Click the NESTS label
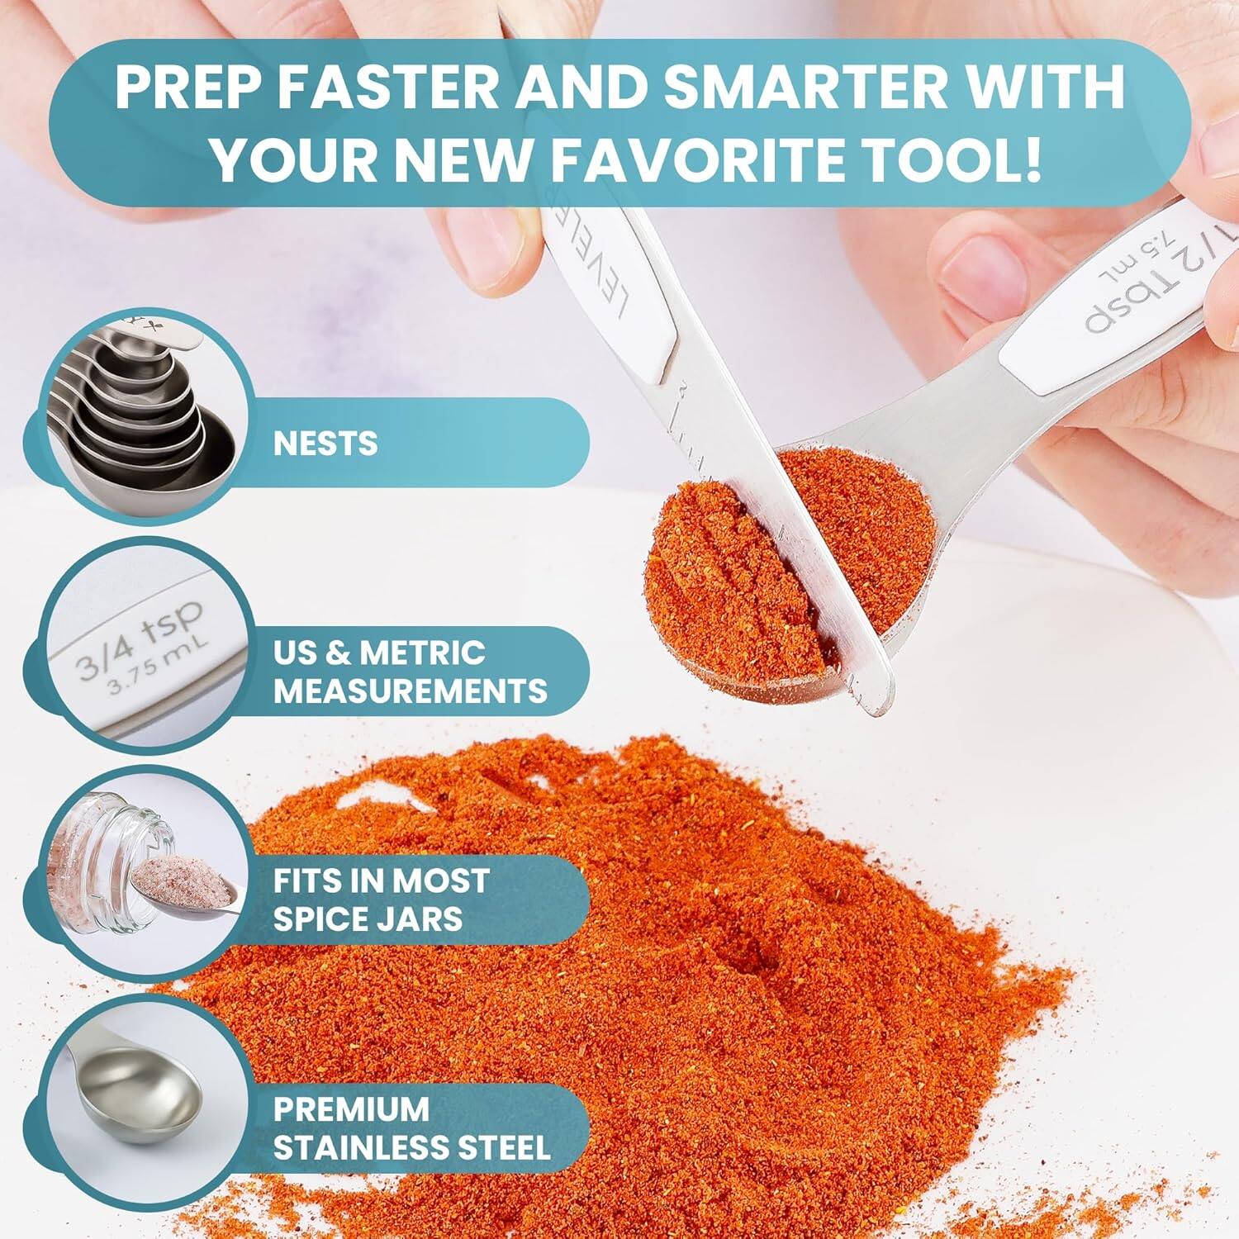(325, 444)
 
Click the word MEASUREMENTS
(411, 691)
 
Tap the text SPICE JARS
(368, 919)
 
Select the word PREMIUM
(351, 1108)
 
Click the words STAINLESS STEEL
(411, 1147)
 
